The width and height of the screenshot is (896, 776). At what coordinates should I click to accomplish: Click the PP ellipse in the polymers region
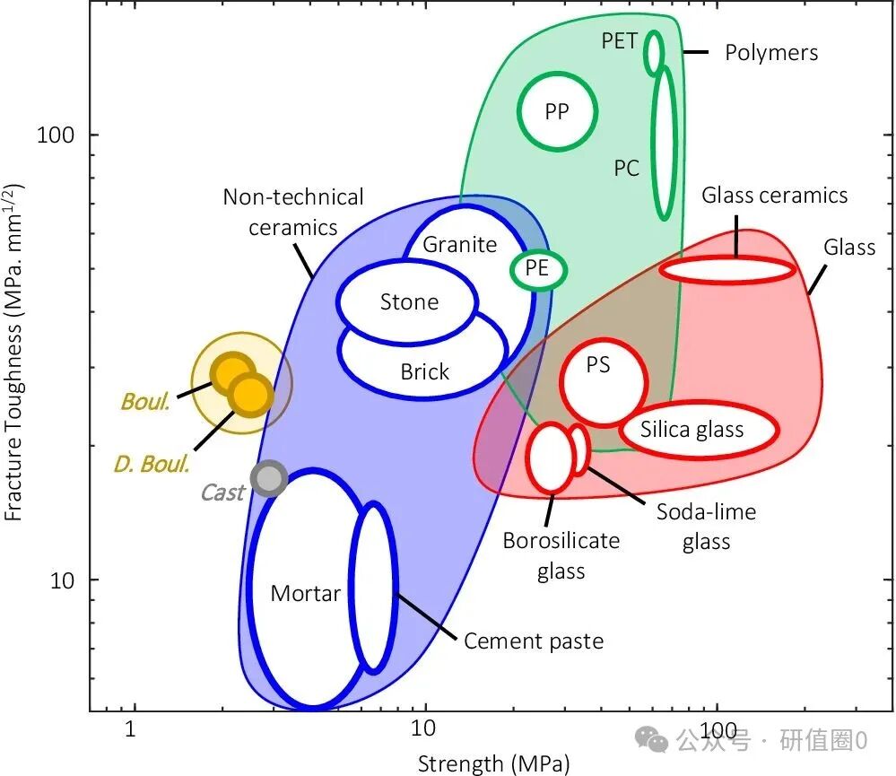557,111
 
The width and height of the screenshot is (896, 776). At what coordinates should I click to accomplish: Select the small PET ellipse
655,52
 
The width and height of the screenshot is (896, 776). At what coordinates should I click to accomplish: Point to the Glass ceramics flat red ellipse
727,269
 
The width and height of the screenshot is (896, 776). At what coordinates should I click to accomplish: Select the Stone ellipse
408,301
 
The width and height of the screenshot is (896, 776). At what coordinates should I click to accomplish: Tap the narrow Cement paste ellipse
373,588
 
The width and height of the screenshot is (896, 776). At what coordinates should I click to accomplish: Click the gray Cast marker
268,479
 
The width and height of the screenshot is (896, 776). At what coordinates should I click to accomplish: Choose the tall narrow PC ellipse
663,144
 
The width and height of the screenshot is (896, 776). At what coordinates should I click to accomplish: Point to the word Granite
459,244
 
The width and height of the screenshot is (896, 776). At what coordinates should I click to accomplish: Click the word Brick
424,371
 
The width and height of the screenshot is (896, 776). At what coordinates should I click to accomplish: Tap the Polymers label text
771,53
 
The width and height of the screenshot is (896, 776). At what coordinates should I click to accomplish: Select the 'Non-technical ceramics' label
293,212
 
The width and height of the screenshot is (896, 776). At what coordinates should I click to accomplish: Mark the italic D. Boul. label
152,464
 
